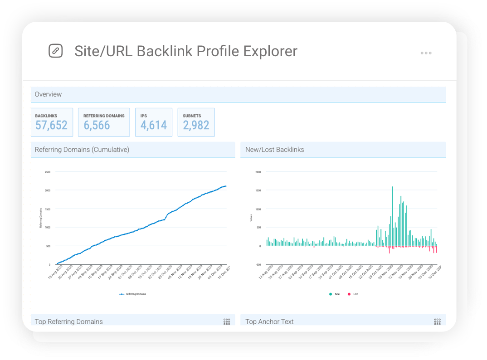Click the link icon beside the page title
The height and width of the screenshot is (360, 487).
pyautogui.click(x=55, y=51)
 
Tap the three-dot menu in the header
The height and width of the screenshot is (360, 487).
pyautogui.click(x=426, y=53)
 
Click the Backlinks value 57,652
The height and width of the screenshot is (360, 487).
pyautogui.click(x=51, y=126)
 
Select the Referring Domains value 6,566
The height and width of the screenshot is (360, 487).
pyautogui.click(x=97, y=126)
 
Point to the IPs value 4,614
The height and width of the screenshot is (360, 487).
pyautogui.click(x=153, y=126)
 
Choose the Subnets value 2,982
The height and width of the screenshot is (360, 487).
pyautogui.click(x=196, y=126)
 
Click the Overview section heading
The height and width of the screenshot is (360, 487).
pyautogui.click(x=48, y=94)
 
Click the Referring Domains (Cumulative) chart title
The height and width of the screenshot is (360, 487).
pyautogui.click(x=82, y=150)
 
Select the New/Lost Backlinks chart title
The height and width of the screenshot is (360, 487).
pyautogui.click(x=274, y=150)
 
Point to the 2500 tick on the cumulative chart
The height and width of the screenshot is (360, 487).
pyautogui.click(x=48, y=172)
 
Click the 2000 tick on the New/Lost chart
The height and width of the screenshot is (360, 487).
pyautogui.click(x=258, y=172)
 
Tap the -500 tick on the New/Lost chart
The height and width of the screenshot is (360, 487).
pyautogui.click(x=258, y=265)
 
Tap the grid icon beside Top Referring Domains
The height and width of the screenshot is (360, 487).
pyautogui.click(x=227, y=321)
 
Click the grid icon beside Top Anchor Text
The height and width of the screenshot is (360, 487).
pyautogui.click(x=437, y=321)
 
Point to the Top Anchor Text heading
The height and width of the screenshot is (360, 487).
pyautogui.click(x=269, y=321)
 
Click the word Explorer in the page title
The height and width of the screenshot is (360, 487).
pyautogui.click(x=270, y=51)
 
